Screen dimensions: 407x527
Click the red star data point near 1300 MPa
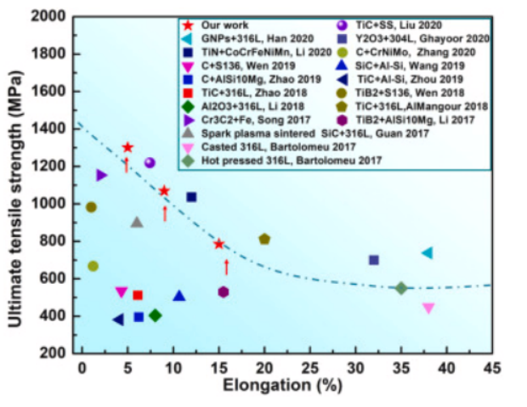127,148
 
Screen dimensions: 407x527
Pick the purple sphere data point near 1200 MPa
150,162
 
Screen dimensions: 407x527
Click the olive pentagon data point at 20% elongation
264,240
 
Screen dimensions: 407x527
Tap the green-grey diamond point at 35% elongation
401,288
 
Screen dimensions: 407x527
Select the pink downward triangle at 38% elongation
428,308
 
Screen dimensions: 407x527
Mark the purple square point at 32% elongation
373,260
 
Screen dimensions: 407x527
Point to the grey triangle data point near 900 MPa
137,222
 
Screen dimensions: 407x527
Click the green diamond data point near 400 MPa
155,315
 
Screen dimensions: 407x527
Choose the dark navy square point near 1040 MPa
191,197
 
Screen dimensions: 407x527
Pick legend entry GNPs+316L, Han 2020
247,39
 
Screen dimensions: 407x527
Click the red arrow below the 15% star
226,267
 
